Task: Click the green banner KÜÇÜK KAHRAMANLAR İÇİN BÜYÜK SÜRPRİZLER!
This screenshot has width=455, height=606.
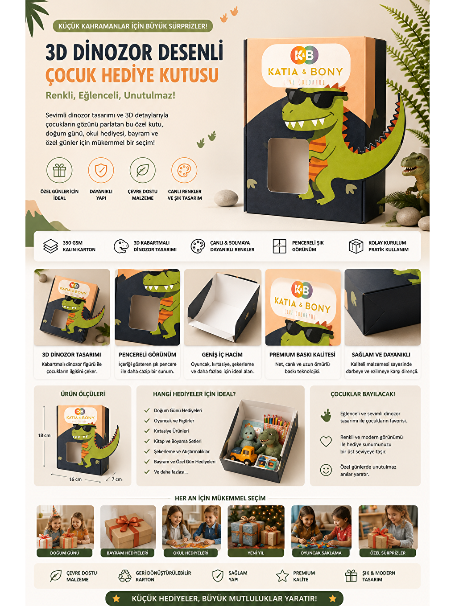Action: pos(132,26)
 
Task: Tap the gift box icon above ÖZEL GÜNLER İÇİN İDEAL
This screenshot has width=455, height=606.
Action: pos(59,170)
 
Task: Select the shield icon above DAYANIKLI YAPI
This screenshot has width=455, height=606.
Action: pos(101,170)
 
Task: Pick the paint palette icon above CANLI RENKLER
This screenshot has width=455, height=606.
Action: pos(184,170)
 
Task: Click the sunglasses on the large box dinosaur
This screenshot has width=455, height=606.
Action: pos(316,98)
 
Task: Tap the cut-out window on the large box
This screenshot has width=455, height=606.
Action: pos(288,166)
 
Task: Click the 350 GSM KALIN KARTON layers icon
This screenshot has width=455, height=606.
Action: pos(50,246)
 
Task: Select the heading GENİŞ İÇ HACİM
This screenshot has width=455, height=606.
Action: pos(222,355)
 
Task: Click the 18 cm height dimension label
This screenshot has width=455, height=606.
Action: pos(44,435)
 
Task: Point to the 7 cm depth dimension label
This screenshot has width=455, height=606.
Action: pos(116,479)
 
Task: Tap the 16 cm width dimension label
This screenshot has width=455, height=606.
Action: pos(75,479)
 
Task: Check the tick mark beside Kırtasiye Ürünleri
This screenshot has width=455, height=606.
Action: pos(147,431)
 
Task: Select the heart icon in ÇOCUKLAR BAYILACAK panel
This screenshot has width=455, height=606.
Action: pos(326,442)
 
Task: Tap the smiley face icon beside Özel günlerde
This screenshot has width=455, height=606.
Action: pos(326,470)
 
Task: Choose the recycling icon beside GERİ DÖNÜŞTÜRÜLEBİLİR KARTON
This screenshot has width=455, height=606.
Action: pos(124,576)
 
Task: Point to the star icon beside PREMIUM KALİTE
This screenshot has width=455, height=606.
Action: pos(282,576)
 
